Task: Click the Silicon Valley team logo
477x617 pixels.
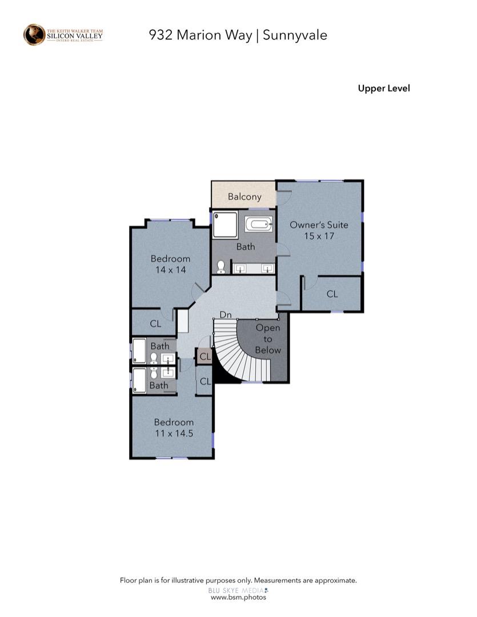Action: click(63, 34)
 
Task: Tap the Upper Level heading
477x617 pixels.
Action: click(383, 88)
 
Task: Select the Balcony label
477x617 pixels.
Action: click(244, 197)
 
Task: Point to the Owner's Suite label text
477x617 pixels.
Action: click(318, 225)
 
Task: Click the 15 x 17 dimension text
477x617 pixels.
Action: click(318, 235)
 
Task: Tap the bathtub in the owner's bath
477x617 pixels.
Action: click(259, 223)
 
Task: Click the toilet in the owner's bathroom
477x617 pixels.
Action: click(221, 267)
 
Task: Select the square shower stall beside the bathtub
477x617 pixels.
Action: click(225, 224)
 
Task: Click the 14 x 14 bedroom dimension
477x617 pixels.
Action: click(170, 270)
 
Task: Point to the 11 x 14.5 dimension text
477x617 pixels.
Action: click(173, 433)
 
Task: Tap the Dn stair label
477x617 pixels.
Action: click(226, 315)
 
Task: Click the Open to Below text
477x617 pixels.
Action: click(267, 339)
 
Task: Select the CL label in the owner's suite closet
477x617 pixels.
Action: click(332, 294)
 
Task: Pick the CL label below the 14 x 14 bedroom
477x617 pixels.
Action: click(155, 323)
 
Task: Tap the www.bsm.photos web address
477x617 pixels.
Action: click(238, 597)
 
